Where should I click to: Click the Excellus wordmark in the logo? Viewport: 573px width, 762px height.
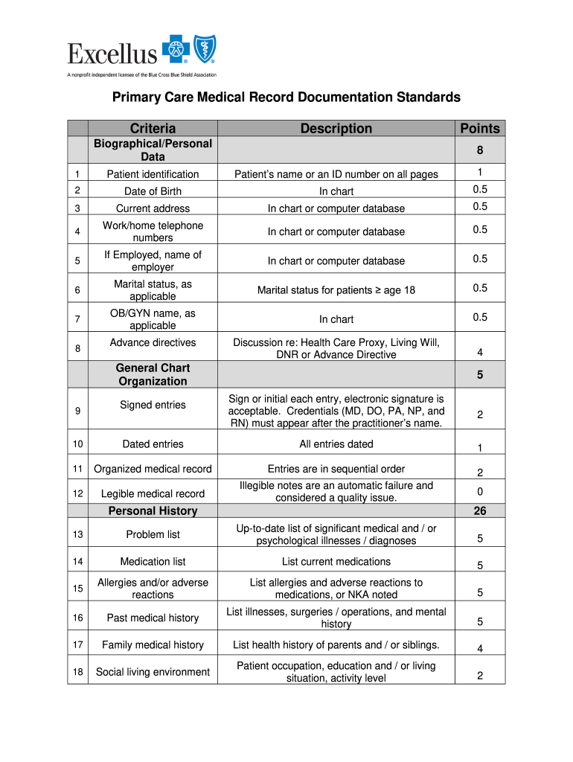pos(112,53)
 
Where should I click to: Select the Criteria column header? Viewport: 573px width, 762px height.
pos(152,129)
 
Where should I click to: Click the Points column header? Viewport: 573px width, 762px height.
pos(480,129)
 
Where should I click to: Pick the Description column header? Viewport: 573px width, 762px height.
pos(336,129)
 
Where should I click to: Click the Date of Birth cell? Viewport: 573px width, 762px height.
pos(152,191)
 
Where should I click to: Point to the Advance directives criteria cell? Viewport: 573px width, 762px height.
pos(152,342)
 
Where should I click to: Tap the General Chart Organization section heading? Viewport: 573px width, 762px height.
pos(152,374)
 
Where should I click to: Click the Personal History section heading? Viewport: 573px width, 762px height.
pos(153,510)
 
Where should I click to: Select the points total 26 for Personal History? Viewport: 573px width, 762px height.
pos(480,511)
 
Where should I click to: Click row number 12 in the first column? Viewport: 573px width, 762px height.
pos(77,493)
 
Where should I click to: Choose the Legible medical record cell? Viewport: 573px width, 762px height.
pos(152,493)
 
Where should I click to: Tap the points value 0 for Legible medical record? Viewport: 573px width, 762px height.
pos(480,492)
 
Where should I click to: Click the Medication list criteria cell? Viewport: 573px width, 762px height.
pos(152,561)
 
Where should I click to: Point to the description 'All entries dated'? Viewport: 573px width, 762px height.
pos(336,444)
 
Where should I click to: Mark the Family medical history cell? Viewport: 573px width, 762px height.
pos(152,644)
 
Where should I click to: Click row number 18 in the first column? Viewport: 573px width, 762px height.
pos(77,672)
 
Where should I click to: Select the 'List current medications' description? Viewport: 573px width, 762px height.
pos(336,561)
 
